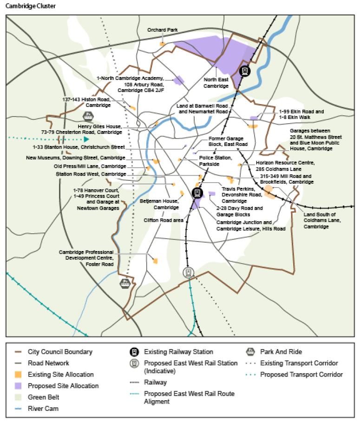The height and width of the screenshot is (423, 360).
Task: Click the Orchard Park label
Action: click(x=163, y=30)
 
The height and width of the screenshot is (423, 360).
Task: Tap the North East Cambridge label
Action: click(x=216, y=83)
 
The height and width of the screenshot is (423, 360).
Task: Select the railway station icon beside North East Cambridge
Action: click(x=245, y=71)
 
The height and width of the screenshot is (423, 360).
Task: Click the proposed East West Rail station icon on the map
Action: click(x=189, y=272)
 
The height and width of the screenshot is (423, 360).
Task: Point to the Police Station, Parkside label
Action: click(x=215, y=161)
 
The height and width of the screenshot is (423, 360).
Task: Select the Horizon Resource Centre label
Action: click(x=285, y=166)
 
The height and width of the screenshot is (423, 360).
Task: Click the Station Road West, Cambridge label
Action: click(x=91, y=174)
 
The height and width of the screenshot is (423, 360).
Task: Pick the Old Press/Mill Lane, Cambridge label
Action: click(x=90, y=166)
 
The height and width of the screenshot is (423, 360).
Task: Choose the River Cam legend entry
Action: click(x=43, y=409)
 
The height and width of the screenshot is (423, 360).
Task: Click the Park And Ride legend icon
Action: click(x=250, y=352)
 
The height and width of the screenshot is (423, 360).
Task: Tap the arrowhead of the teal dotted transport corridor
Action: click(x=86, y=139)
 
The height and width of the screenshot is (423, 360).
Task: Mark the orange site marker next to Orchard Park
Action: click(x=163, y=44)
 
